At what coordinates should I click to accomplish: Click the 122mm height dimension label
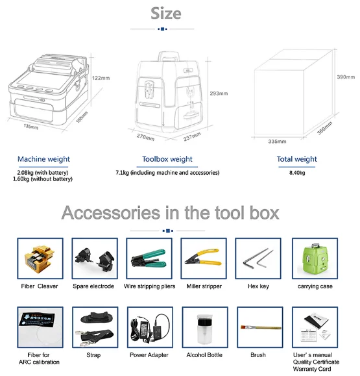101,78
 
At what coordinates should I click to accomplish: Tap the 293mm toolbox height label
219,94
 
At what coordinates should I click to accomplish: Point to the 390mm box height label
346,77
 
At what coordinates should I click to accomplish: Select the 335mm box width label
277,142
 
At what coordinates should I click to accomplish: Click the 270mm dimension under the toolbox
145,138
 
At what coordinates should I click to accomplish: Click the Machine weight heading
43,159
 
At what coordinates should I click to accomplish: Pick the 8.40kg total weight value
297,173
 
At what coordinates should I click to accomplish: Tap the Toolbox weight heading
167,159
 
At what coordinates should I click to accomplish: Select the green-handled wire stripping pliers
149,258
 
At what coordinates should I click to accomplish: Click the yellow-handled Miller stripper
203,257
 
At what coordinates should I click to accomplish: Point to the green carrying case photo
315,258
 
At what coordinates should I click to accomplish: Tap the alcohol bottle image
204,329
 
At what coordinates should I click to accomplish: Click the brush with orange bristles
261,327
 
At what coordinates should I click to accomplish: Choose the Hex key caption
258,286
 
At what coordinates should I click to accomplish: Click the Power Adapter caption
149,355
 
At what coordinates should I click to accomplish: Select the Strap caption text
93,355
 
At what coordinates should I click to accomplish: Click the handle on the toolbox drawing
169,56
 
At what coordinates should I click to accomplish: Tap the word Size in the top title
166,14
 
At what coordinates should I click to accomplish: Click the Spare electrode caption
93,286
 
